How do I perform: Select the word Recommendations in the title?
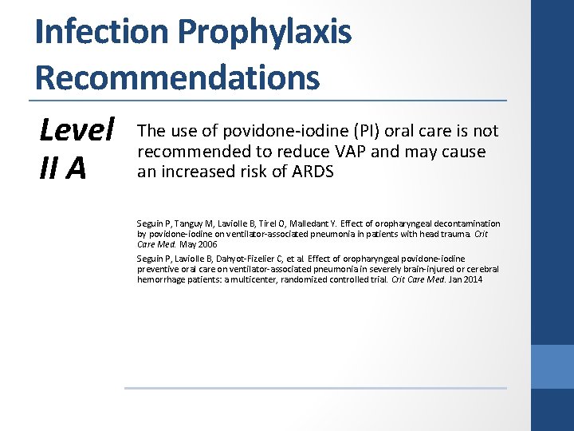(x=177, y=77)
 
